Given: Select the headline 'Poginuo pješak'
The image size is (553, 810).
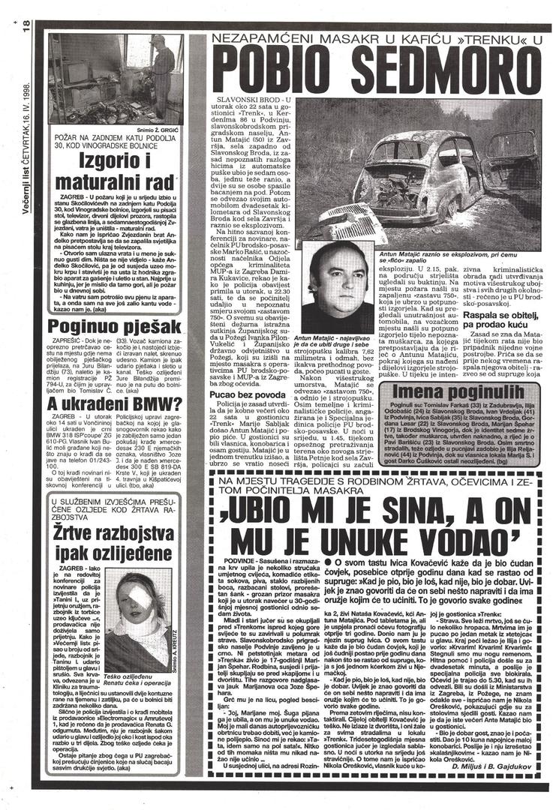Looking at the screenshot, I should point(115,326).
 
